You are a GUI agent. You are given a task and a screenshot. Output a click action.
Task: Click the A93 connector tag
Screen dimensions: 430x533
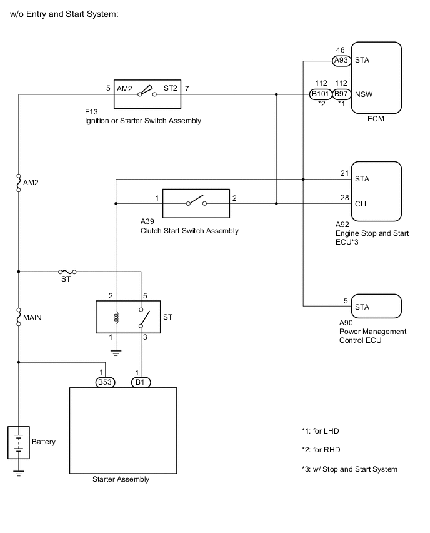click(x=341, y=61)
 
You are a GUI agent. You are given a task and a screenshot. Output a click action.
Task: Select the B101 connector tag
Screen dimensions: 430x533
click(x=320, y=94)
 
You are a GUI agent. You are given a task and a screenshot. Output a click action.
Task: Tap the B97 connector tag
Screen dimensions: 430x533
click(x=341, y=94)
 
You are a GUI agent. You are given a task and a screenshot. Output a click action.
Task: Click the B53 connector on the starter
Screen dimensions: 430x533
click(x=105, y=382)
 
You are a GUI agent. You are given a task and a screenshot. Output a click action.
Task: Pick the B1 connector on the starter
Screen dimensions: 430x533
click(x=141, y=382)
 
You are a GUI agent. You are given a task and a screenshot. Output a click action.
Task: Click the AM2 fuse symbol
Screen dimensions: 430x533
click(x=19, y=183)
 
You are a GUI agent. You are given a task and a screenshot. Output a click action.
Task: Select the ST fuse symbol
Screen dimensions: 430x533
click(x=67, y=272)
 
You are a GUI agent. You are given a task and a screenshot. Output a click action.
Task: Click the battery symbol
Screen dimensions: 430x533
click(x=19, y=442)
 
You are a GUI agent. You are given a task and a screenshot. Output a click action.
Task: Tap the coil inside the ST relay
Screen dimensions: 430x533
click(x=116, y=318)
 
